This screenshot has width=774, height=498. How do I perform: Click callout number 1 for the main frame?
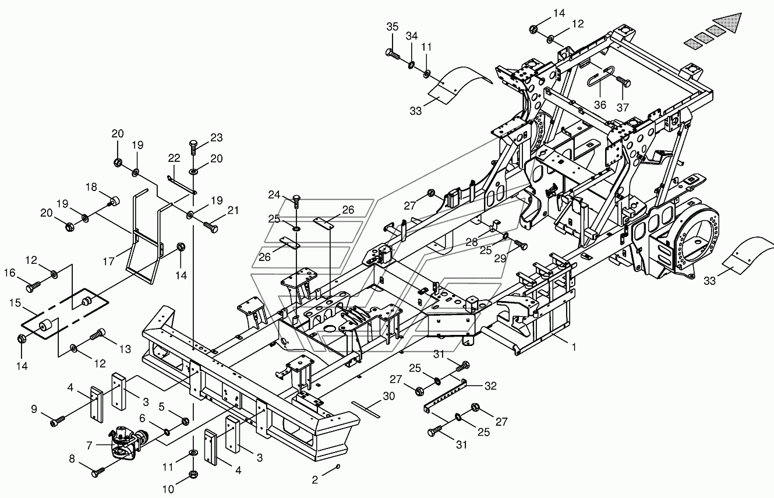(574, 347)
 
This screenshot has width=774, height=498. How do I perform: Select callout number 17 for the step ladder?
(109, 262)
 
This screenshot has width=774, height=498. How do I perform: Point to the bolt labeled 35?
(392, 54)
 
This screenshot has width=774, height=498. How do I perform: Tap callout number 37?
(623, 107)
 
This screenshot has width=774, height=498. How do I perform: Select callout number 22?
(174, 158)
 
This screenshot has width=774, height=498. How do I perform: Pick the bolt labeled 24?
(297, 201)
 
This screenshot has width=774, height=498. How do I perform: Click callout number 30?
(389, 396)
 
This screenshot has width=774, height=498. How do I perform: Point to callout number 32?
(490, 386)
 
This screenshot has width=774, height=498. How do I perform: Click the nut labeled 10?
(193, 474)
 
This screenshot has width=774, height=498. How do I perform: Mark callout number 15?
(15, 303)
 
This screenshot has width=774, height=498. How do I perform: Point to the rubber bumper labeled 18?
(114, 201)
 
